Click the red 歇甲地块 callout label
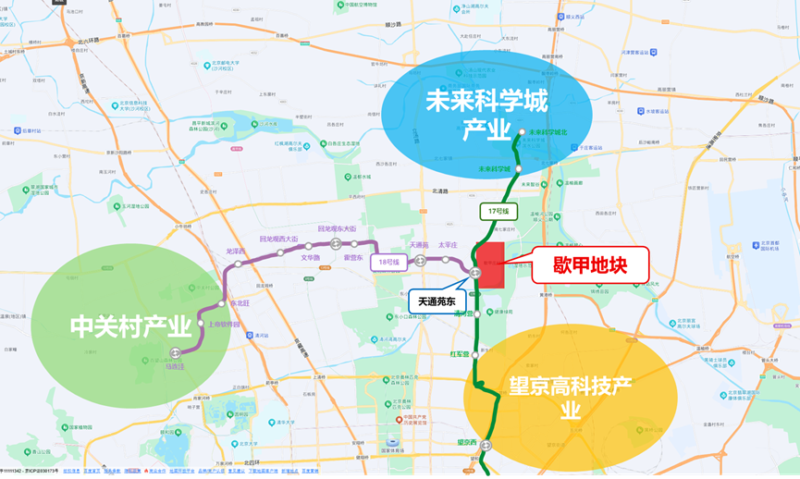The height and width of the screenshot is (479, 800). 590,265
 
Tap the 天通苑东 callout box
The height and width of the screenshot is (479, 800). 437,301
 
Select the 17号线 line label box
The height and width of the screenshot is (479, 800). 498,212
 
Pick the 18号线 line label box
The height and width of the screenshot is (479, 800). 388,263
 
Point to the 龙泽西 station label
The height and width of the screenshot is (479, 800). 235,252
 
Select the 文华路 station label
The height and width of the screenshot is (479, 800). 310,258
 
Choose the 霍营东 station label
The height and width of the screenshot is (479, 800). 352,258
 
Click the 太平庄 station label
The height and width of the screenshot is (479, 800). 449,245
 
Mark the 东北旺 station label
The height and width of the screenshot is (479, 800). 239,302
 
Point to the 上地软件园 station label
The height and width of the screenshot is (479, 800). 224,325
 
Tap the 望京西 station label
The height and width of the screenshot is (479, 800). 468,442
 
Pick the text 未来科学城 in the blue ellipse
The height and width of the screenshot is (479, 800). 486,101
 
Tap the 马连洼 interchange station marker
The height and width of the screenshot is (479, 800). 176,352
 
